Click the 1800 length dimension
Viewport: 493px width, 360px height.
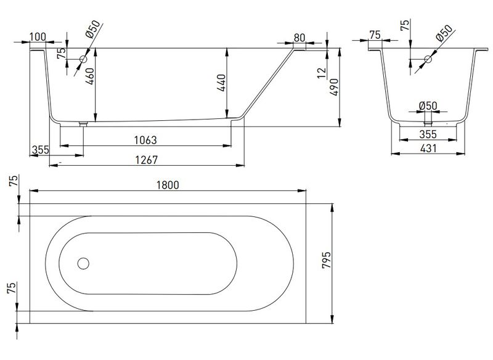tap(168, 185)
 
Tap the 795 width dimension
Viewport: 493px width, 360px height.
tap(327, 260)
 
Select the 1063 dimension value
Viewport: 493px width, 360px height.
tap(145, 140)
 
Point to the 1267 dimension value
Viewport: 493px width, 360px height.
tap(146, 160)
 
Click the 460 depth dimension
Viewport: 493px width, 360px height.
tap(89, 76)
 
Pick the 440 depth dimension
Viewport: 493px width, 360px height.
tap(221, 83)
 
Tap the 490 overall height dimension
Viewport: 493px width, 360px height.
tap(334, 87)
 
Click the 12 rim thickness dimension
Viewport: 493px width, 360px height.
tap(322, 73)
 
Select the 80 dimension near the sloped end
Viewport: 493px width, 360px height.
tap(299, 38)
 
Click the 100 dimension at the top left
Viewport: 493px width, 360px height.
tap(38, 37)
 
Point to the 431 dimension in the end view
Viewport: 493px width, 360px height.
tap(428, 148)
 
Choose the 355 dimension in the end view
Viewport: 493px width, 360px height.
tap(428, 134)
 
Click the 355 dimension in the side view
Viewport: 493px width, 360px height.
tap(41, 150)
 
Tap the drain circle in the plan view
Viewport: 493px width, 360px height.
tap(83, 263)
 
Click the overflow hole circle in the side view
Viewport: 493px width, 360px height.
tap(83, 59)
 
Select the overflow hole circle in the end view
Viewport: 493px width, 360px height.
tap(428, 59)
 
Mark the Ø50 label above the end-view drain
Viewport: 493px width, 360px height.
tap(428, 105)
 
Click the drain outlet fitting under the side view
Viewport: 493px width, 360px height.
tap(83, 124)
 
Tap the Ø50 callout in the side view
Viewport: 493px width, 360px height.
tap(93, 29)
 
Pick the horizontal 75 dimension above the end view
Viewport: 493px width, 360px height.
tap(375, 35)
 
